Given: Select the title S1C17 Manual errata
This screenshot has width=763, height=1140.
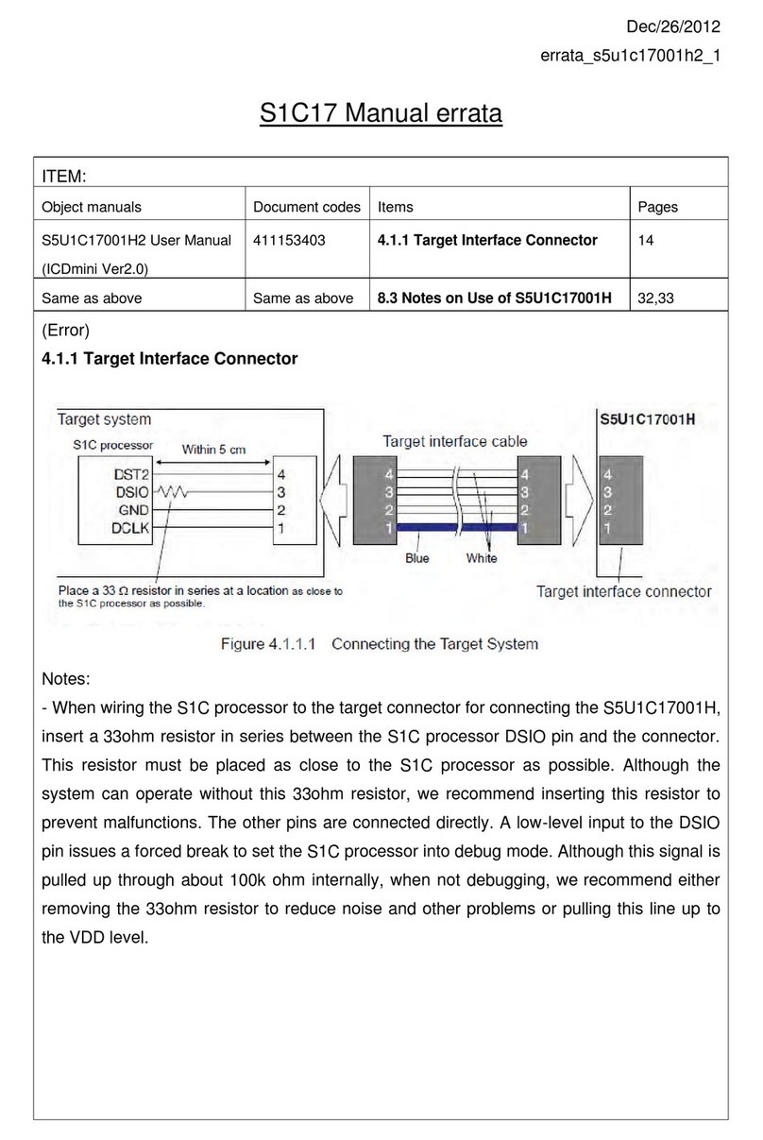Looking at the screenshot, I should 381,115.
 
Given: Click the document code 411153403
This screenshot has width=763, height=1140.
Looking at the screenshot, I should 289,240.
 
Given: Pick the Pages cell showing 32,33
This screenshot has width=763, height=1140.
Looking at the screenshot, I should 657,298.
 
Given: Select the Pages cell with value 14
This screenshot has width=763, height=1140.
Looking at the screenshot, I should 646,240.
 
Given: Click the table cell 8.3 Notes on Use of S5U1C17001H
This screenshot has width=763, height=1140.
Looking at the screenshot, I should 495,298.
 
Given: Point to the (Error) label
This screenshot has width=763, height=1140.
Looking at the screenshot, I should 66,331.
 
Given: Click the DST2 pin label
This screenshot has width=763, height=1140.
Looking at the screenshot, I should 129,474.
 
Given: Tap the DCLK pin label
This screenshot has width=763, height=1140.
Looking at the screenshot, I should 128,528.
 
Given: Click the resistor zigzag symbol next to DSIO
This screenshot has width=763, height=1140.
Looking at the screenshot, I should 172,492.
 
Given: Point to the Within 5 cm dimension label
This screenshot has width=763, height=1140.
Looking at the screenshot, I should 213,450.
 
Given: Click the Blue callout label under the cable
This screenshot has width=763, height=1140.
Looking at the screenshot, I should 416,558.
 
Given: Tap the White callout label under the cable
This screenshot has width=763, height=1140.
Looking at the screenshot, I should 482,558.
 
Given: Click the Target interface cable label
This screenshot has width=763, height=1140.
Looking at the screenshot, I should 454,441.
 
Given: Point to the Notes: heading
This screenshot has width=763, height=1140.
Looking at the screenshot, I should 67,680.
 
